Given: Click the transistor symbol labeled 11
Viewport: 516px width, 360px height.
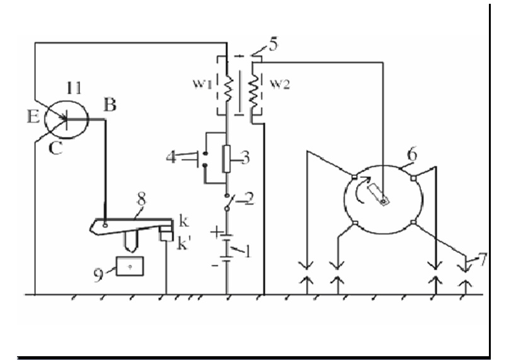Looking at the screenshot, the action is pos(67,119).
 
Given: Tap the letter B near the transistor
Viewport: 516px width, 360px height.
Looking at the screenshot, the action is pos(110,105).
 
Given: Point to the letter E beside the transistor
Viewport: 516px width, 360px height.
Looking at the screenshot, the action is pos(33,117).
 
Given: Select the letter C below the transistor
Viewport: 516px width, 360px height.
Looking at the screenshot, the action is pos(55,148).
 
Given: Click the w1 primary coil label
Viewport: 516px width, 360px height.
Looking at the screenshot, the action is pos(202,84).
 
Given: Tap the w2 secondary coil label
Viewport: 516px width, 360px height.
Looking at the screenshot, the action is pos(280,84).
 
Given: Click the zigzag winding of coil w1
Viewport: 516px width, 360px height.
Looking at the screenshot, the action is pos(227,88).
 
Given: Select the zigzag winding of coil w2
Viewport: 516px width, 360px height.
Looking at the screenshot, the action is pos(253,88).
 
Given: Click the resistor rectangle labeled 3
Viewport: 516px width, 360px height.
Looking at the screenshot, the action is pos(226,159).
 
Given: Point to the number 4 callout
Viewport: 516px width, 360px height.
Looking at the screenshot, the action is pos(171,158).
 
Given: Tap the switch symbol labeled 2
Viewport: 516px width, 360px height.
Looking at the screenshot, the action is pos(227,202).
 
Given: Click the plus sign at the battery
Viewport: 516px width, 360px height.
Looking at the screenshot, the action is pos(216,232).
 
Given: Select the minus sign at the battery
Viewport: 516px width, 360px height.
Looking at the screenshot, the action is pos(215,265).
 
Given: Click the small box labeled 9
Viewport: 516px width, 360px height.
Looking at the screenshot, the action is pos(130,266).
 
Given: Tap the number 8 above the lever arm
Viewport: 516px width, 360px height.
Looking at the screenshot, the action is pos(141,200).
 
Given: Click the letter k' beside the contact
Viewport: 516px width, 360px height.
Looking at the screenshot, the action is pos(183,243).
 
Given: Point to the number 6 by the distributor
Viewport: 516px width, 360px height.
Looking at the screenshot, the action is pos(411,154).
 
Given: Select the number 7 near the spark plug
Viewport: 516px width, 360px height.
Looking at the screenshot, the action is pos(482,260).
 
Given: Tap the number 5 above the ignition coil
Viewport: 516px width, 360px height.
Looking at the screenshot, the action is pos(273,45).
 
